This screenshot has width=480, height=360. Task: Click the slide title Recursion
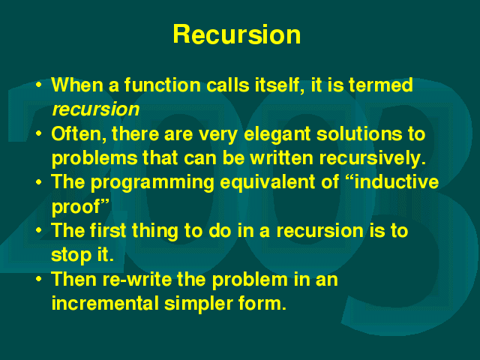point(237,34)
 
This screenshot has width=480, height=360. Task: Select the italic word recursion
point(96,109)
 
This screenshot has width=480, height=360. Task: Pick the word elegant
point(277,135)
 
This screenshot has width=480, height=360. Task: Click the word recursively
point(373,159)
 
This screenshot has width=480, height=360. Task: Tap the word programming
point(152,183)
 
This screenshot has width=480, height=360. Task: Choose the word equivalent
point(267,183)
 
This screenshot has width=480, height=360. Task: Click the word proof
point(76,208)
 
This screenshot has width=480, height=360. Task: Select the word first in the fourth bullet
point(108,230)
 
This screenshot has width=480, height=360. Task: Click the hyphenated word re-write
point(137,279)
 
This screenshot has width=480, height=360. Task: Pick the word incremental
point(105,303)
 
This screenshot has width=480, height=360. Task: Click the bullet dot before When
point(38,85)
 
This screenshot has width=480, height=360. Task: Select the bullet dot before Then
point(38,279)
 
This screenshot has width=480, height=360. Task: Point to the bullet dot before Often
point(38,133)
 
